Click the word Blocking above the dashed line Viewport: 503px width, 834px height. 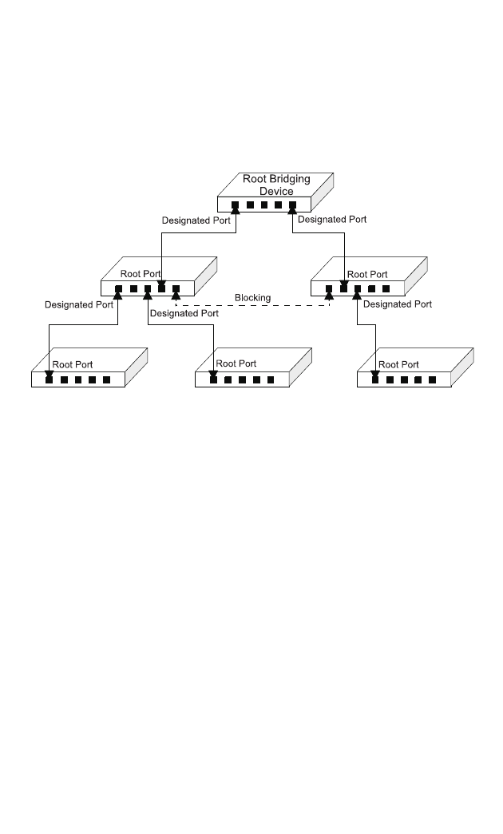pyautogui.click(x=252, y=298)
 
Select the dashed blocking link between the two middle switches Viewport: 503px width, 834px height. pyautogui.click(x=252, y=306)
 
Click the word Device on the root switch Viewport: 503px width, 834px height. pyautogui.click(x=276, y=191)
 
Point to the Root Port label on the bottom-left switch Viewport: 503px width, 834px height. pyautogui.click(x=73, y=364)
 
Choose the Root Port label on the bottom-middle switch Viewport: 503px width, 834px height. pyautogui.click(x=236, y=363)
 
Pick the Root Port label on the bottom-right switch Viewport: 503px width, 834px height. pyautogui.click(x=399, y=364)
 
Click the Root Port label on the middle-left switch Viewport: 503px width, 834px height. pyautogui.click(x=141, y=274)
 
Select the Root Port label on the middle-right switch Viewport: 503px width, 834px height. pyautogui.click(x=367, y=274)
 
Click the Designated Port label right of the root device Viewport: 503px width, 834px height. pyautogui.click(x=332, y=218)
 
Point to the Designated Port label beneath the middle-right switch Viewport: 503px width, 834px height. pyautogui.click(x=398, y=304)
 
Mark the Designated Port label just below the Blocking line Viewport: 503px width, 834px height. pyautogui.click(x=184, y=313)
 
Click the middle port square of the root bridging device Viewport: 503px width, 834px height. pyautogui.click(x=264, y=205)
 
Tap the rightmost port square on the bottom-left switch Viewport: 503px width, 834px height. pyautogui.click(x=107, y=379)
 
